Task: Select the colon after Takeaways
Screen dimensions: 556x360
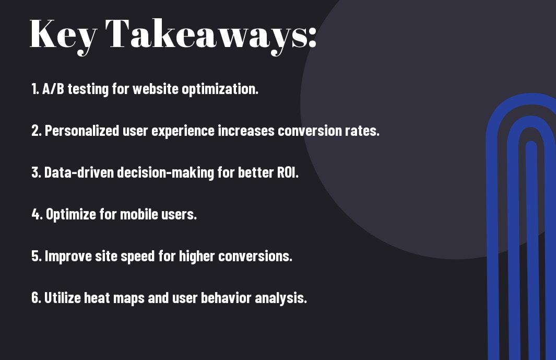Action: (x=312, y=37)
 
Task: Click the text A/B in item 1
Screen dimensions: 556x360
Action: (x=53, y=89)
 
